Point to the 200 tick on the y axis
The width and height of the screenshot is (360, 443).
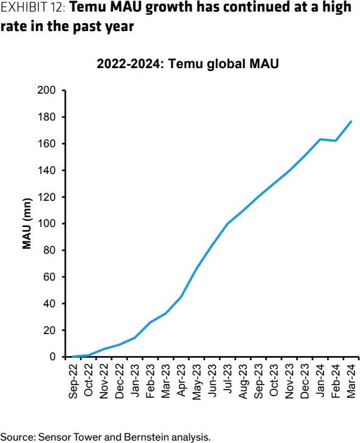coord(48,91)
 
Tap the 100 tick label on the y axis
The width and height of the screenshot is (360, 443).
coord(48,224)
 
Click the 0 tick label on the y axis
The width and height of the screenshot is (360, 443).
coord(53,357)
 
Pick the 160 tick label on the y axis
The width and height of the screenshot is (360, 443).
coord(48,144)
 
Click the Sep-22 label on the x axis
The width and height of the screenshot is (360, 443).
coord(74,382)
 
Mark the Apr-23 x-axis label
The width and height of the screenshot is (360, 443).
coord(181,382)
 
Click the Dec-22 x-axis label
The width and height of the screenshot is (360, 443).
coord(120,382)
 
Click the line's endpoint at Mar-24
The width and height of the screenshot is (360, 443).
coord(351,121)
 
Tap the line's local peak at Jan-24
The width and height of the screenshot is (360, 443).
coord(320,139)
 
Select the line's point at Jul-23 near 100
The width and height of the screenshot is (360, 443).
coord(227,223)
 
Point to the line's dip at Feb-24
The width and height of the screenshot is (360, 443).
coord(336,141)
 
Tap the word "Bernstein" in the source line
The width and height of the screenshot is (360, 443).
coord(131,436)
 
